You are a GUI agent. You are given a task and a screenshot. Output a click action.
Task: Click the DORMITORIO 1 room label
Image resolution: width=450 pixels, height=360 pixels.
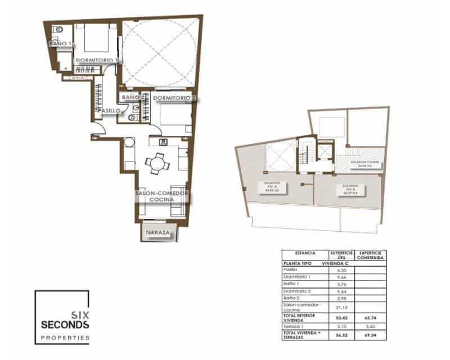(96, 60)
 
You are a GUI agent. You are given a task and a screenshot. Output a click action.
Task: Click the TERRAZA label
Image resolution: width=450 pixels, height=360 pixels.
(157, 232)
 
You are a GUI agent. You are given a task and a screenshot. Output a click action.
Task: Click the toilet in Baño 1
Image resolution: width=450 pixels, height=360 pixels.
(58, 28)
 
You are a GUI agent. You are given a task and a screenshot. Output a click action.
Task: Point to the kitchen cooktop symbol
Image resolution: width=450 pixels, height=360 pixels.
(164, 142)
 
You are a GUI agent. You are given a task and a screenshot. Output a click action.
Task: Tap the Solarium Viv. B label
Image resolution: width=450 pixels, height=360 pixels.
(350, 188)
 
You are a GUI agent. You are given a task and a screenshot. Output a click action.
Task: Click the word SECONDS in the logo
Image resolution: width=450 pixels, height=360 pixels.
(64, 325)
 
